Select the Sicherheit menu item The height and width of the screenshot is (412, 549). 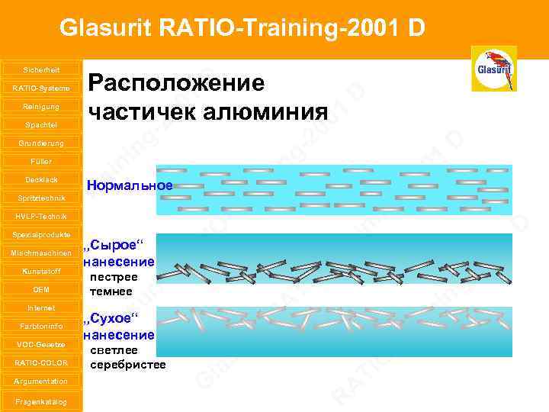[41, 69]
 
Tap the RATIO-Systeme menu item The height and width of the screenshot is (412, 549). [41, 88]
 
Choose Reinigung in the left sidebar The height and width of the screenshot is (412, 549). [41, 106]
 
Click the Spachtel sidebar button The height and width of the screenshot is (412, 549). [41, 124]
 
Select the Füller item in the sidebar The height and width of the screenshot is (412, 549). [41, 161]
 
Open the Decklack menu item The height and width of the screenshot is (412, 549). [41, 179]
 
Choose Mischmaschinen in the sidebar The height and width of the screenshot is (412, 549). [41, 253]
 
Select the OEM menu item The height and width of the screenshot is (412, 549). [41, 289]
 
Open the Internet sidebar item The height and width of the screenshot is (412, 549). [41, 307]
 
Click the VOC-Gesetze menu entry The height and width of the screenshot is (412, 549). [41, 344]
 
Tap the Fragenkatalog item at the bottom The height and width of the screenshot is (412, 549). [41, 401]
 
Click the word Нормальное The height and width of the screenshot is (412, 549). [130, 185]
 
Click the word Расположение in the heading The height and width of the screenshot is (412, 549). [177, 82]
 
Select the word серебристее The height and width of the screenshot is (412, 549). [127, 365]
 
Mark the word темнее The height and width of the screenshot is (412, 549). [111, 291]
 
